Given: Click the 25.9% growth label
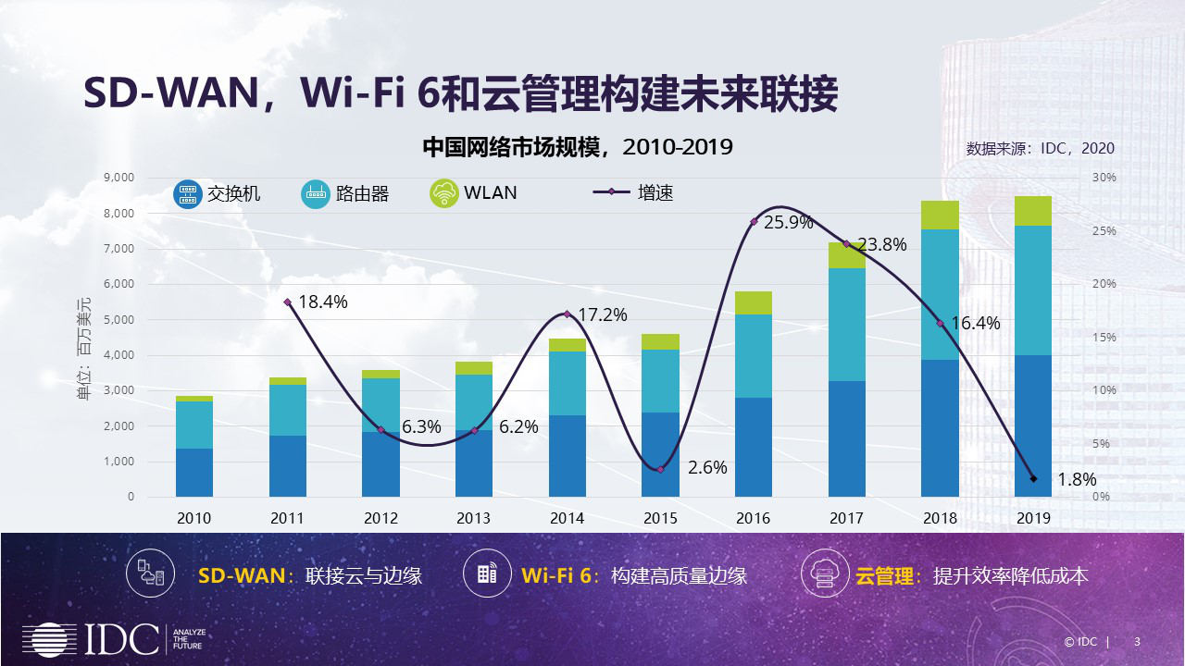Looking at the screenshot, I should (x=789, y=222).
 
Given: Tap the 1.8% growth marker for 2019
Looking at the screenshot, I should (x=1033, y=478).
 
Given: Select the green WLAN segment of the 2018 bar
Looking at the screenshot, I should (x=940, y=215).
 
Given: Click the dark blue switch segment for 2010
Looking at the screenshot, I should (x=194, y=473).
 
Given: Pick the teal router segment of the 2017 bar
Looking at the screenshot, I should (x=847, y=325).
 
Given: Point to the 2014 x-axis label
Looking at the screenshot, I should (x=567, y=518).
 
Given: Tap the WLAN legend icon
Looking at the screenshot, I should (x=444, y=193).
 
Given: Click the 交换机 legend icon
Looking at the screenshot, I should (x=188, y=193).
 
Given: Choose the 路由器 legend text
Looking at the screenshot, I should (x=362, y=193).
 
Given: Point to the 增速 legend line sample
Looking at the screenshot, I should (x=611, y=192).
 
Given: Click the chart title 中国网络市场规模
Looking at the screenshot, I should (x=518, y=147).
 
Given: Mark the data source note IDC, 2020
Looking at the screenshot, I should (x=1040, y=148).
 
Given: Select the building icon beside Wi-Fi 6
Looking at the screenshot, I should (x=487, y=574).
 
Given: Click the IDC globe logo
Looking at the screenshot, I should (x=51, y=640).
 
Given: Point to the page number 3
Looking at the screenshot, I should (x=1137, y=642).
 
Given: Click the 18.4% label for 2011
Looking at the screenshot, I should (x=322, y=302).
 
